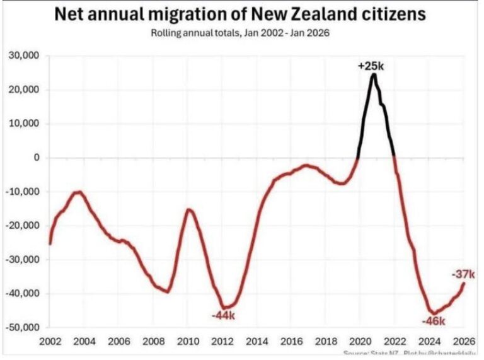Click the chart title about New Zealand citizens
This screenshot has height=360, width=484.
pos(239,14)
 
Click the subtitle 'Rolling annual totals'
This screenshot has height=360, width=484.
pos(240,33)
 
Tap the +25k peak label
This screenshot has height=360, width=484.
pos(371,66)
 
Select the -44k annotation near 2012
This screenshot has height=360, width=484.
pos(222,315)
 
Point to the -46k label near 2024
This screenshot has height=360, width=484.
pos(433,322)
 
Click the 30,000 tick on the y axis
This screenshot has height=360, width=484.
pos(25,56)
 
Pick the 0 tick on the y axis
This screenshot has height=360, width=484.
pos(37,158)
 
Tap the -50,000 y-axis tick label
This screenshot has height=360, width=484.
pos(23,328)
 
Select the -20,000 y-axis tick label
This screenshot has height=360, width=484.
pos(23,226)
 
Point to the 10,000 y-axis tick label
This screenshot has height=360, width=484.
pos(25,124)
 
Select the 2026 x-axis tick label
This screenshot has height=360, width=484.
pos(460,342)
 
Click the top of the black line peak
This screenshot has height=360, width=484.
pos(373,74)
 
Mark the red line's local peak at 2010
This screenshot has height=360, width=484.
pos(188,209)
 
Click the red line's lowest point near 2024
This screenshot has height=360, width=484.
pos(432,313)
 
